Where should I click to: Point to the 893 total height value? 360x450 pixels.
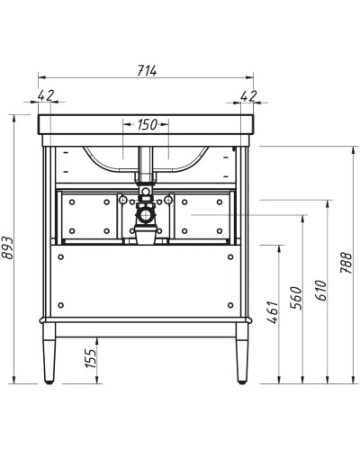click(10, 261)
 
